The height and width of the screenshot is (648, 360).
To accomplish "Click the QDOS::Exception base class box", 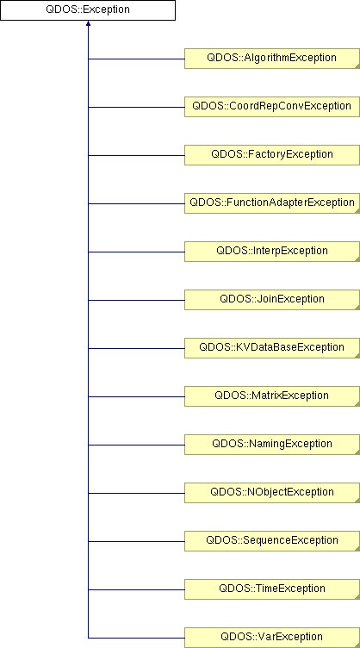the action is [x=88, y=10].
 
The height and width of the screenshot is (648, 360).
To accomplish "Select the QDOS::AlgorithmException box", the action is [x=272, y=59].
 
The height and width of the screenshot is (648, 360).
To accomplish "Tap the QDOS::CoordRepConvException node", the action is [x=272, y=107].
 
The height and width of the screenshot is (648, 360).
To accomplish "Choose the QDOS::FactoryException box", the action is [x=272, y=155].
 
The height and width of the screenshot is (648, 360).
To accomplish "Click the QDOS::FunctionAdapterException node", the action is [x=272, y=203].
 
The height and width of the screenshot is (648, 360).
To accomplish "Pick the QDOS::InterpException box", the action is [x=272, y=252].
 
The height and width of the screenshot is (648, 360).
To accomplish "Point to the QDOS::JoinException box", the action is [x=272, y=300].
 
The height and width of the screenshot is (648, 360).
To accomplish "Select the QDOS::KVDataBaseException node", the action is [x=272, y=348].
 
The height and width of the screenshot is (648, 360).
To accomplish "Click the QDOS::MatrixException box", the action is [x=272, y=396].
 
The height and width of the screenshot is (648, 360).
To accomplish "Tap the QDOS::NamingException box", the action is [x=272, y=445].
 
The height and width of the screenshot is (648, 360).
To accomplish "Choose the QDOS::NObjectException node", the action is [x=272, y=493].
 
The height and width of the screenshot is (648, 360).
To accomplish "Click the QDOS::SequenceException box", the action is [x=272, y=541].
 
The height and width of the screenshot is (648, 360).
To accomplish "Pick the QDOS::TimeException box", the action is [x=272, y=589].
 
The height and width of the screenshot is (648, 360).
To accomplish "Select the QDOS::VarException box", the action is [x=272, y=638].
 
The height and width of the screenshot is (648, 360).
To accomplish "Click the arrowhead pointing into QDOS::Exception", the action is [x=88, y=23].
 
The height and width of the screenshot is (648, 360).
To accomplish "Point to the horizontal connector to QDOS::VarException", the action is [x=136, y=638].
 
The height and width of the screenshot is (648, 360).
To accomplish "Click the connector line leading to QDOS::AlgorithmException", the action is [x=136, y=59].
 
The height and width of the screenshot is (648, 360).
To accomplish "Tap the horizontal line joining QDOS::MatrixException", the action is [x=136, y=396].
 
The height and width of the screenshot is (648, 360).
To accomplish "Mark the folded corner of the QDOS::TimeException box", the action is [x=357, y=597].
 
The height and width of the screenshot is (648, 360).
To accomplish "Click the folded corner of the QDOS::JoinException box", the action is [x=357, y=308].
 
